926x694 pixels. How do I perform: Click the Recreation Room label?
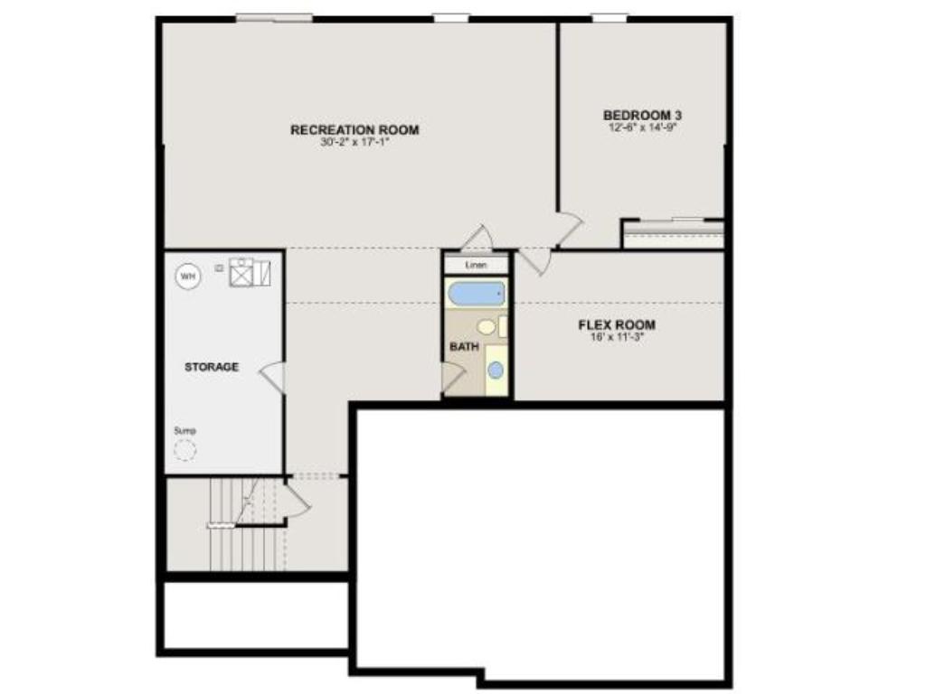coord(354,130)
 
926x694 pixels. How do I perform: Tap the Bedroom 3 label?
coord(642,115)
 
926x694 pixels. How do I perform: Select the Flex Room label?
coord(617,324)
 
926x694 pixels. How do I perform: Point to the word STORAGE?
coord(212,367)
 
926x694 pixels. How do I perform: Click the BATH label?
coord(464,346)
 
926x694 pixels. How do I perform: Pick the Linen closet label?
coord(476,265)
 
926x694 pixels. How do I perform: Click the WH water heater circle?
coord(188,276)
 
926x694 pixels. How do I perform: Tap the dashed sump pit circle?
coord(184,450)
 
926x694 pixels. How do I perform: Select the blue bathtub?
coord(476,294)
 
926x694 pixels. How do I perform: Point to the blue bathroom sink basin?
coord(496,370)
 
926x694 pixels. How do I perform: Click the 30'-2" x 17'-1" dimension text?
coord(354,142)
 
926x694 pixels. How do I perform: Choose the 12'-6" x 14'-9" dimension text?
coord(642,127)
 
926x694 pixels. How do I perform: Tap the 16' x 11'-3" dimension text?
coord(617,338)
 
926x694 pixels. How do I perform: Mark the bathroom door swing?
coord(454,378)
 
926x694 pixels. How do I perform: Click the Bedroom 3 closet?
coord(674,234)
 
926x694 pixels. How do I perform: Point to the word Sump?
coord(184,431)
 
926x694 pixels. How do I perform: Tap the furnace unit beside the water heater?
coord(250,271)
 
